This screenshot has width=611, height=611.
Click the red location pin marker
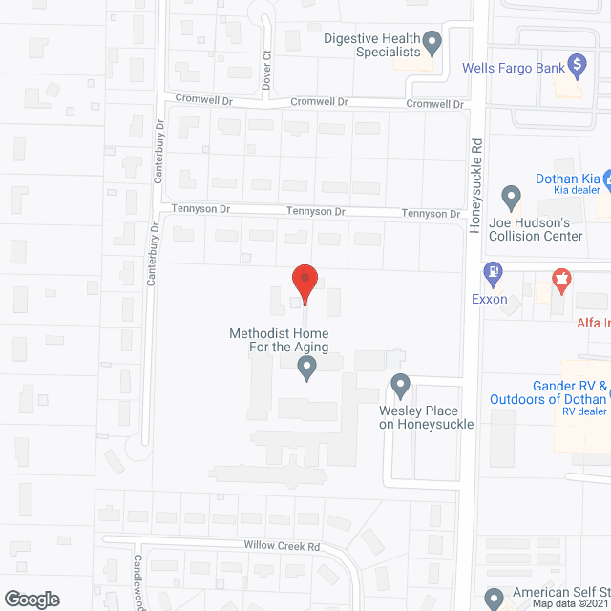click(304, 282)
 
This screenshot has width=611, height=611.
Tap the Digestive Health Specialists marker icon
click(432, 41)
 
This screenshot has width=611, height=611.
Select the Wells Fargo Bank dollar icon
click(577, 65)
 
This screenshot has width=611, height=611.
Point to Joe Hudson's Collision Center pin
click(512, 199)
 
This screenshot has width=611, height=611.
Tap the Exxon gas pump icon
click(494, 272)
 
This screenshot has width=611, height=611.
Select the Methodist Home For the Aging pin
click(306, 367)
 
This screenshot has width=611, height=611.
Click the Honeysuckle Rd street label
click(475, 181)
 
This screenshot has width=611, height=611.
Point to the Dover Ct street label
click(267, 70)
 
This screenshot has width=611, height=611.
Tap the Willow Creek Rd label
click(281, 547)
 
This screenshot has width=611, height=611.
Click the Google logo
click(31, 599)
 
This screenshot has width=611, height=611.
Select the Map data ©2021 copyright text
click(570, 603)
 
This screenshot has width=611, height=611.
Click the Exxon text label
click(489, 299)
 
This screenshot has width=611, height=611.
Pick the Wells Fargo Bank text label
click(511, 68)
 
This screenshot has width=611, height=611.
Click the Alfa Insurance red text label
click(592, 324)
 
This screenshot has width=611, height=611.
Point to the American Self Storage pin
click(494, 599)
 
